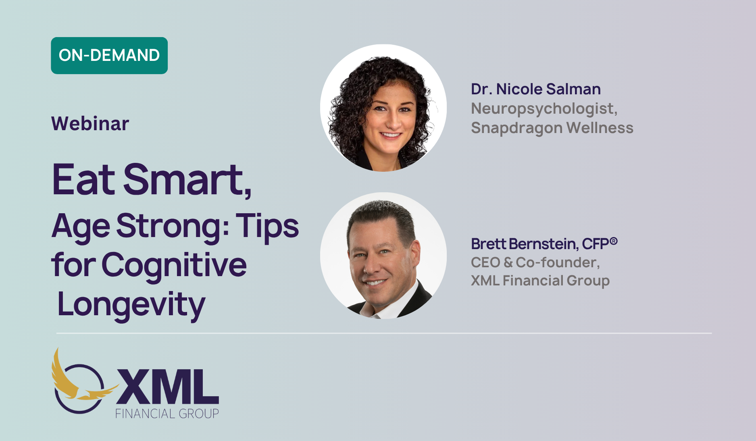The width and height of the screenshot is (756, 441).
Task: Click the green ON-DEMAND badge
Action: tap(109, 56)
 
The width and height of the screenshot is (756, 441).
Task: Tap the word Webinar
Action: tap(90, 123)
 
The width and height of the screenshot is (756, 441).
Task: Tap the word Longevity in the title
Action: tap(131, 305)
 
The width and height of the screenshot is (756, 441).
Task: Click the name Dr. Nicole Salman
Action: tap(536, 89)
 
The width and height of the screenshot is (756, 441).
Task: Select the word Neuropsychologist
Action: tap(544, 109)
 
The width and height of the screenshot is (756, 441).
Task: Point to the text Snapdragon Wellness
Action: tap(552, 128)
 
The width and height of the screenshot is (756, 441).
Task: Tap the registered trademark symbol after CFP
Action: tap(614, 241)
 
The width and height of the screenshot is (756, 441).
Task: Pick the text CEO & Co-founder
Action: tap(535, 262)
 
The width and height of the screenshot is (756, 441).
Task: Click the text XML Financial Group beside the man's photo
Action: tap(540, 281)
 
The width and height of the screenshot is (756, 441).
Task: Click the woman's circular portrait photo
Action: tap(383, 108)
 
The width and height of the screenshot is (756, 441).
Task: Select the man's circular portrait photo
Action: tap(383, 256)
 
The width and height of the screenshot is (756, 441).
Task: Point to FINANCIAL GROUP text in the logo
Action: tap(167, 414)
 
